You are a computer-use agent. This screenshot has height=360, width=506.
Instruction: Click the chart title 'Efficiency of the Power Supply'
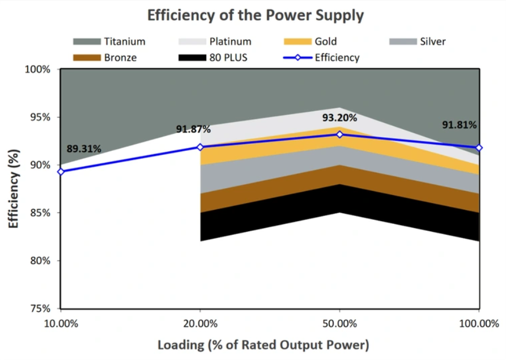click(x=255, y=15)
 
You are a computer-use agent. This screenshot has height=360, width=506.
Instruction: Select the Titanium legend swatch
click(x=87, y=41)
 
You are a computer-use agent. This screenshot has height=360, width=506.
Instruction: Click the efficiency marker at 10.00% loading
click(x=61, y=171)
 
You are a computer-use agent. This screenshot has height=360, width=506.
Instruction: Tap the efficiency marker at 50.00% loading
click(x=339, y=134)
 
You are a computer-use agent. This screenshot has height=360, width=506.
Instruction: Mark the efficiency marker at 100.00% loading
click(x=479, y=147)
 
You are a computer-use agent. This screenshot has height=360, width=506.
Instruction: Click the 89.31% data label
click(x=84, y=149)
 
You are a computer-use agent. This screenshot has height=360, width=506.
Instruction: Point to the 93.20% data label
click(x=340, y=118)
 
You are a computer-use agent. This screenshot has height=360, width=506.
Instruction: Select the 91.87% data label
click(x=193, y=129)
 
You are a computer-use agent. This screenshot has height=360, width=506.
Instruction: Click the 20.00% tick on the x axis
click(x=200, y=324)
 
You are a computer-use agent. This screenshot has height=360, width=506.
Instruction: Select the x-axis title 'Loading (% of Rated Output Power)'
click(x=263, y=345)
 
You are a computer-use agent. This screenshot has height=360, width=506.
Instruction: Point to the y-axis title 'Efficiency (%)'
click(x=13, y=189)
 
